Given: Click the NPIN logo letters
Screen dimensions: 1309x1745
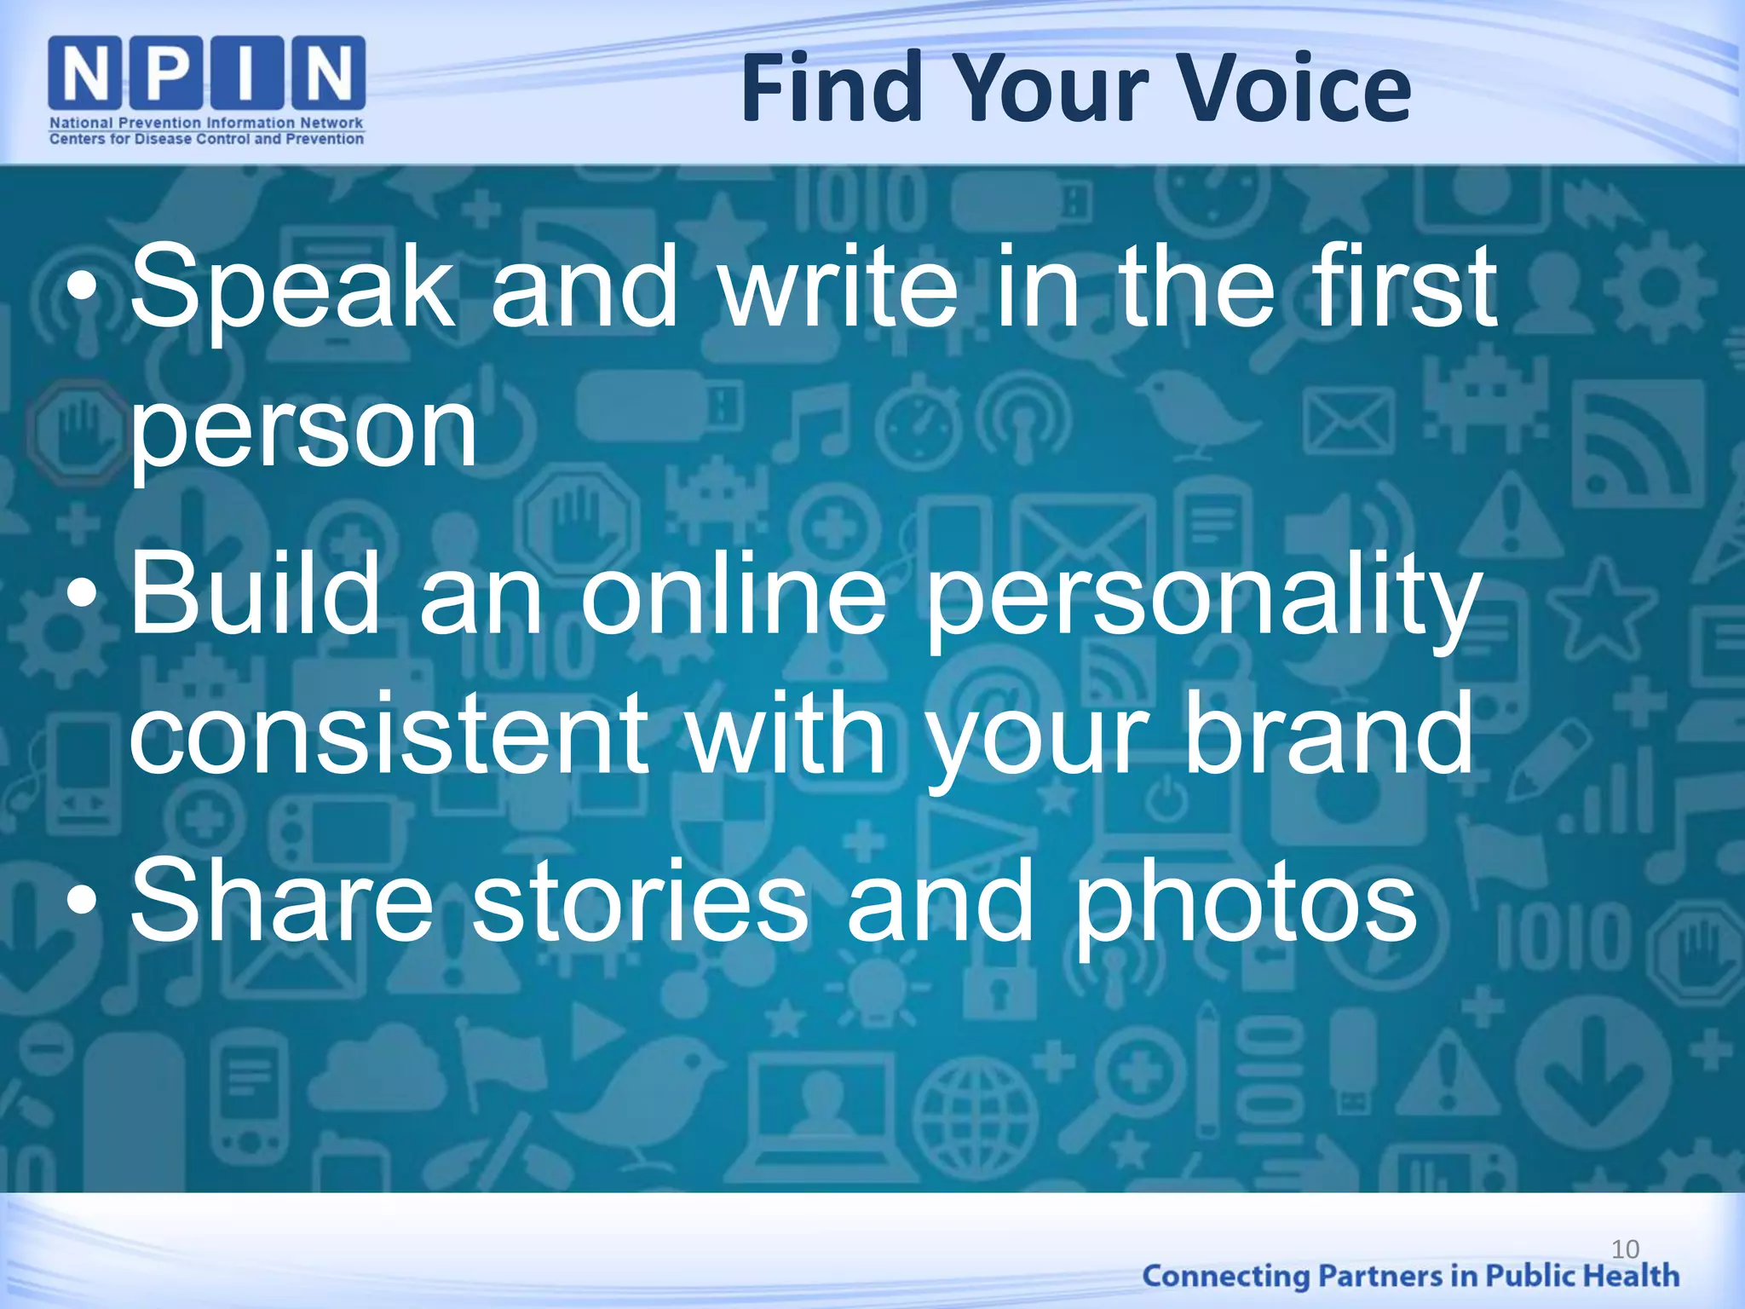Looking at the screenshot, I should pos(207,74).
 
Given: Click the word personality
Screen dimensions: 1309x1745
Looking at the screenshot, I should pos(1201,597).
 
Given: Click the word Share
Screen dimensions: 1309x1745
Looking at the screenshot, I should pos(281,901).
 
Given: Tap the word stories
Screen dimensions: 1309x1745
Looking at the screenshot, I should pos(639,901).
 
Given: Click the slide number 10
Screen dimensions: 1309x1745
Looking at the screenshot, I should pos(1626,1249).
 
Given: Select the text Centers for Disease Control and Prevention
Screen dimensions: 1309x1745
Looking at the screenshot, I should pos(207,139).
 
